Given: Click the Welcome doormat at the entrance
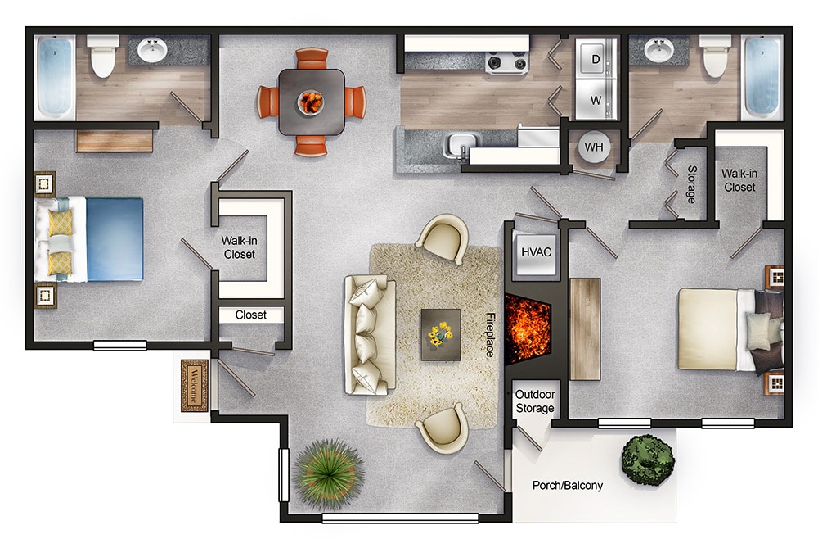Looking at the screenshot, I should pyautogui.click(x=195, y=385).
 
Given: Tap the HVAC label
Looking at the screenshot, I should pyautogui.click(x=536, y=252).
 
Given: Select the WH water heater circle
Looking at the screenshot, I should pyautogui.click(x=593, y=148).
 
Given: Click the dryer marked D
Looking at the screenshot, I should pyautogui.click(x=595, y=59).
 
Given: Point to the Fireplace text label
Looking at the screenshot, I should pyautogui.click(x=491, y=335).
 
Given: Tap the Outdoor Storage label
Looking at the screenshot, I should pyautogui.click(x=534, y=401).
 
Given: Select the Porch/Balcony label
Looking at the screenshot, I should pyautogui.click(x=568, y=485).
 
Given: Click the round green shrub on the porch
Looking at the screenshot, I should pyautogui.click(x=648, y=459).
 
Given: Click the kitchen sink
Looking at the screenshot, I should pyautogui.click(x=460, y=144).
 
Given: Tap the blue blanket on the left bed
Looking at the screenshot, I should pyautogui.click(x=115, y=238).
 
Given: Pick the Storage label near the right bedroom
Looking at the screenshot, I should pyautogui.click(x=691, y=184).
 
